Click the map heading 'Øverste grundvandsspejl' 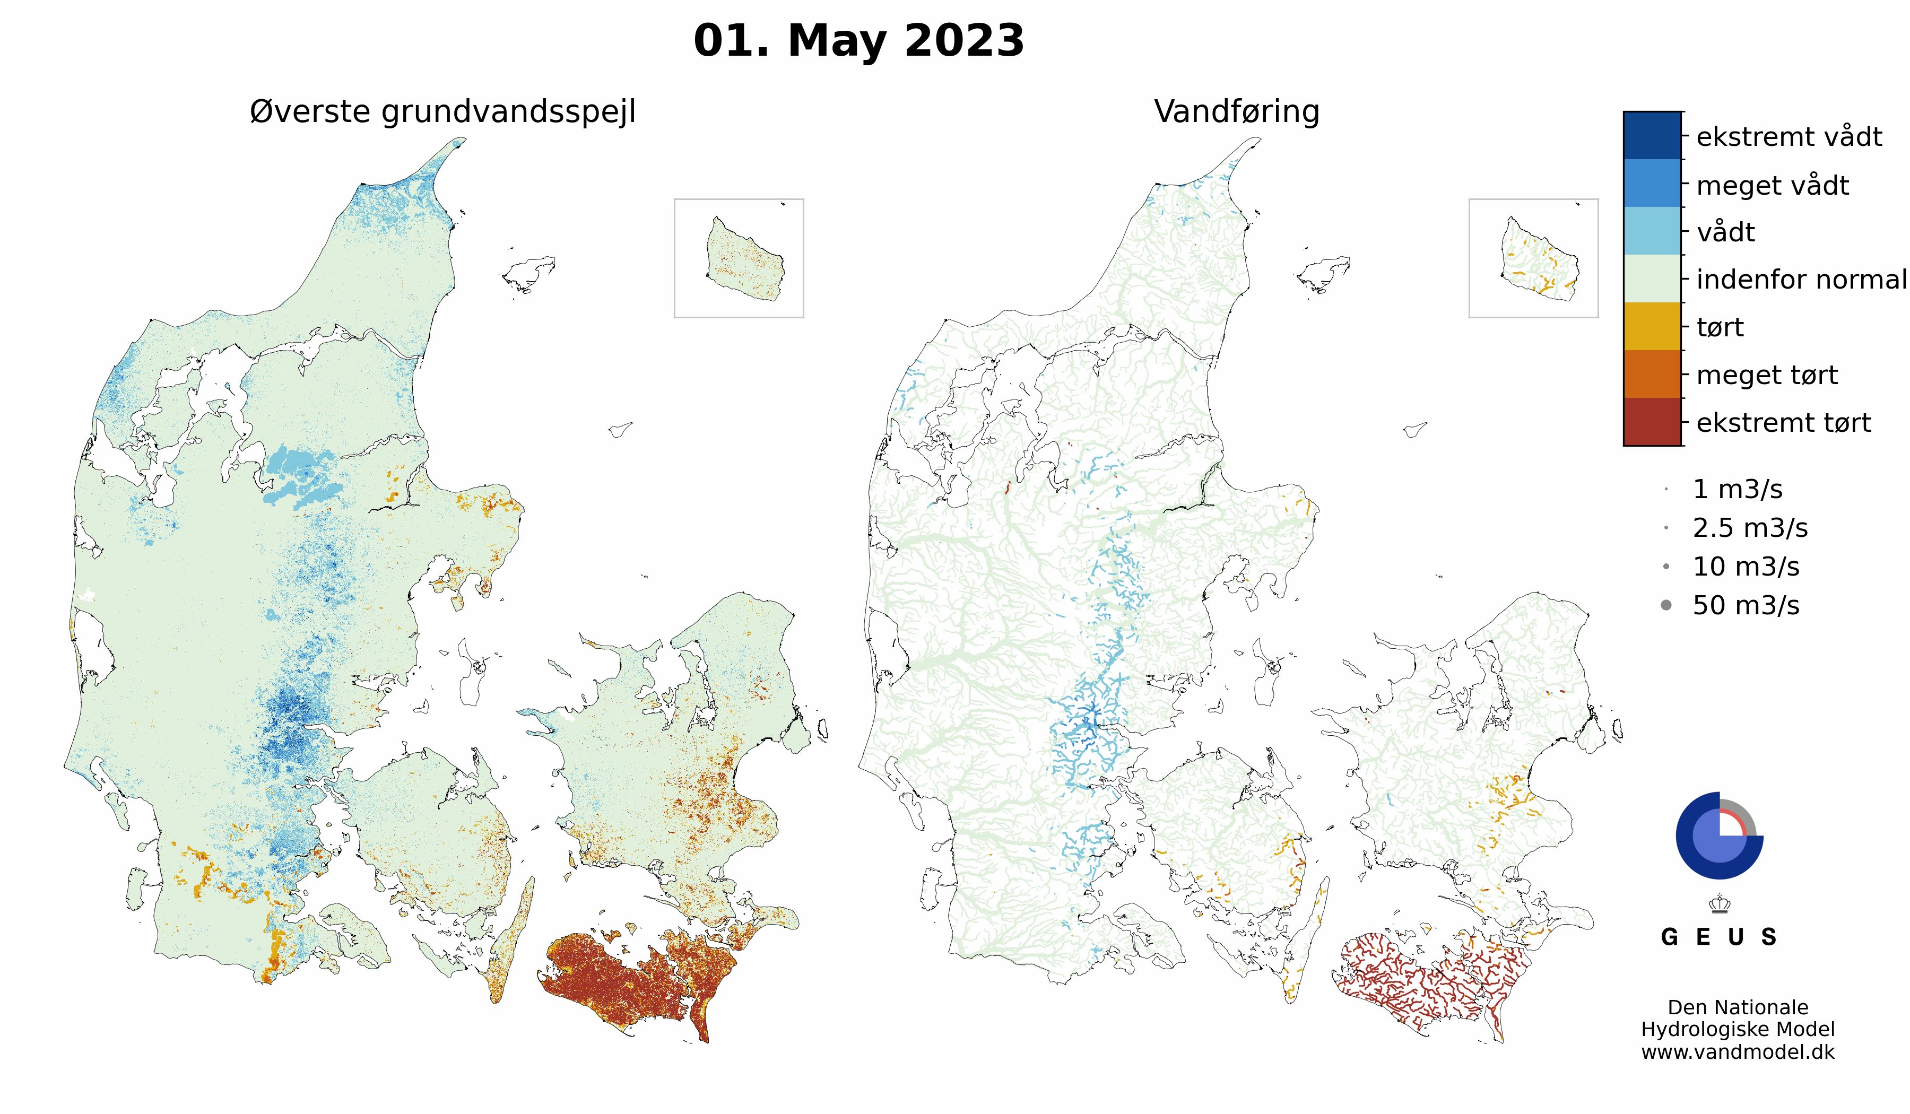(x=442, y=112)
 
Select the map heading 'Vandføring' (x=1236, y=112)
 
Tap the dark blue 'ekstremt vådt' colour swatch (x=1652, y=136)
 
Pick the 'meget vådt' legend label (x=1772, y=186)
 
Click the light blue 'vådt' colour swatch (x=1652, y=231)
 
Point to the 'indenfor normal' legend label (x=1801, y=280)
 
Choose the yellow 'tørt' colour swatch (x=1652, y=327)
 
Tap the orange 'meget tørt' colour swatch (x=1652, y=375)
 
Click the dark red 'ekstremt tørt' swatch (x=1652, y=422)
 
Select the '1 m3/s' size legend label (x=1737, y=490)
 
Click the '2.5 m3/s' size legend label (x=1750, y=528)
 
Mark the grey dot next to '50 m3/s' (x=1666, y=605)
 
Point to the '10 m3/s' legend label (x=1746, y=567)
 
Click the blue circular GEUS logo (x=1718, y=836)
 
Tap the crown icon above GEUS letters (x=1720, y=903)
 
